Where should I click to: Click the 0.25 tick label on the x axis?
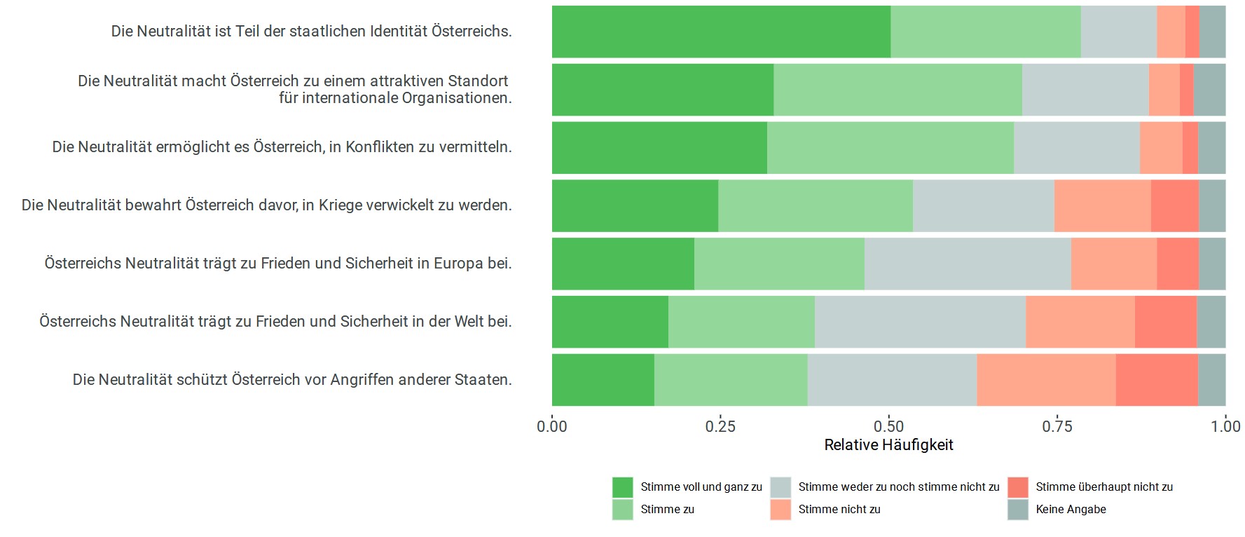[720, 426]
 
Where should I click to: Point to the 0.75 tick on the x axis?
[1057, 426]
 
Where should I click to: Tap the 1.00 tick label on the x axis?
[1225, 426]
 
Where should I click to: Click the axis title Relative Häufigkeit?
[888, 445]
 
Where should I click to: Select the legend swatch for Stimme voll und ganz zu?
[622, 487]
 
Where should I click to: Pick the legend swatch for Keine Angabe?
[1018, 510]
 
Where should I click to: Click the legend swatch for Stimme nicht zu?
[780, 510]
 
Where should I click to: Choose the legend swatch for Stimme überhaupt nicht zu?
[1018, 487]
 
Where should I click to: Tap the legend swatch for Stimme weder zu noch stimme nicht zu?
[780, 487]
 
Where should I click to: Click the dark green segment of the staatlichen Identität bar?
[721, 32]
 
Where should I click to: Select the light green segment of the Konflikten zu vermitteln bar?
[890, 148]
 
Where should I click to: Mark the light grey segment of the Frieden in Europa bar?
[968, 264]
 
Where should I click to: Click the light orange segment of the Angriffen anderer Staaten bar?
[1046, 380]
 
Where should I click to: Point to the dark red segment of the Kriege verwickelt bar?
[1174, 205]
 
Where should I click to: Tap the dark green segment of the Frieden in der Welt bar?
[610, 322]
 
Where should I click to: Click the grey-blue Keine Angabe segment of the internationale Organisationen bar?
[1209, 90]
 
